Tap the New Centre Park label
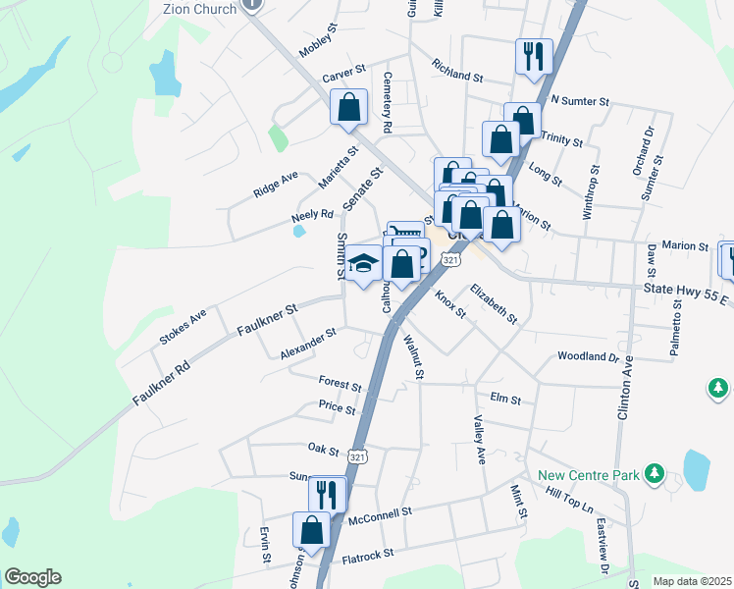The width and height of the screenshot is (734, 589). click(589, 476)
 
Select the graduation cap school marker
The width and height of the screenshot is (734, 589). click(363, 265)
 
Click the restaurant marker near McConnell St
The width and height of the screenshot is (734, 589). click(328, 494)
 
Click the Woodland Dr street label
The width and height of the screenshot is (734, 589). click(589, 356)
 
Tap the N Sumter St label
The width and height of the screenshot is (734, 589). click(580, 100)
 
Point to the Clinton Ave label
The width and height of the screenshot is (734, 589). click(624, 386)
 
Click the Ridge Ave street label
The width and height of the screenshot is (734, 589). click(275, 184)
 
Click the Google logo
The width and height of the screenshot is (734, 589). click(32, 577)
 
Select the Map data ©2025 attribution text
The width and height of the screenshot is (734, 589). click(692, 581)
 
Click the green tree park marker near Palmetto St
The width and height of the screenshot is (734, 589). click(719, 389)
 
